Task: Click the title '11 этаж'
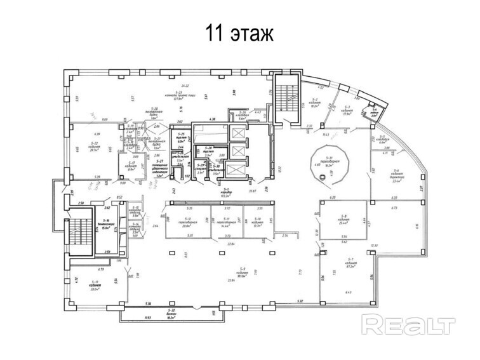tap(239, 33)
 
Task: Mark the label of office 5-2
tap(314, 105)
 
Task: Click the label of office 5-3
tap(347, 111)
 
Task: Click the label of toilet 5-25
tap(181, 138)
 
